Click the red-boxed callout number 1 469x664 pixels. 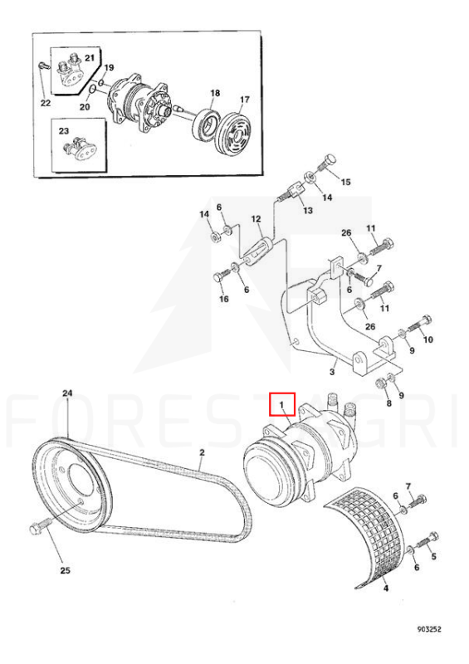click(281, 405)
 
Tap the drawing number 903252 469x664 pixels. click(429, 629)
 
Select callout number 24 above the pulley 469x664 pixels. click(68, 393)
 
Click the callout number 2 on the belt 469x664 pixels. click(202, 452)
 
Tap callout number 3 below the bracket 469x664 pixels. click(332, 372)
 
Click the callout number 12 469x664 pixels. click(256, 219)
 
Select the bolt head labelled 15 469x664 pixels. click(330, 161)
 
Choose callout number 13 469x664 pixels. click(308, 210)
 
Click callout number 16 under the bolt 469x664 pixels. click(223, 299)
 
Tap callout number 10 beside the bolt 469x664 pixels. click(427, 339)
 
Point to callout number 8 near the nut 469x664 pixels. click(389, 403)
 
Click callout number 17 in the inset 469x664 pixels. click(244, 100)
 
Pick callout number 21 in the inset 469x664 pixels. click(90, 57)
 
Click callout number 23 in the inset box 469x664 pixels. click(64, 131)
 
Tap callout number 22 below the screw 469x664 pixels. click(46, 103)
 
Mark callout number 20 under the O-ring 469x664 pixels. click(85, 106)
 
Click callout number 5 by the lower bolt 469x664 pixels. click(433, 556)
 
